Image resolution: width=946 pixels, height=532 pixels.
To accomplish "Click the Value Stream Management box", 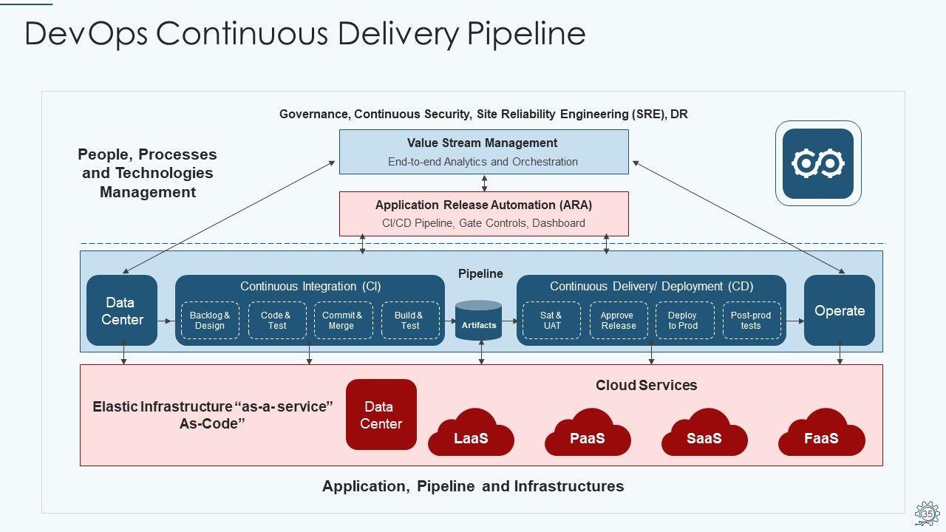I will click(483, 151).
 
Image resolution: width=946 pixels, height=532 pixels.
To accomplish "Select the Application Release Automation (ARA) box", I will click(483, 214).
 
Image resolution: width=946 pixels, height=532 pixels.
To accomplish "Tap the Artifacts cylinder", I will click(479, 321).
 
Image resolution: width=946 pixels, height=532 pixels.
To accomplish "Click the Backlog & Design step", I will click(210, 321).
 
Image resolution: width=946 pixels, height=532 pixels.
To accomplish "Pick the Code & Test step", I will click(277, 321).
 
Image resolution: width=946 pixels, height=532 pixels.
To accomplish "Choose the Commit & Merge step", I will click(343, 321).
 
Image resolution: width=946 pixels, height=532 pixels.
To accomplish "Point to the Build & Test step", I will click(410, 321).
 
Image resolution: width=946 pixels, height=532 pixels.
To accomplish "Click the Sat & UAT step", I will click(551, 321).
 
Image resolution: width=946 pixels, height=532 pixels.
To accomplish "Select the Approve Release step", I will click(618, 321).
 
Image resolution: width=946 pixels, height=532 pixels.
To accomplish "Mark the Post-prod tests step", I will click(751, 321).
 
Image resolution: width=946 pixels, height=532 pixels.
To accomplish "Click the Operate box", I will click(839, 310).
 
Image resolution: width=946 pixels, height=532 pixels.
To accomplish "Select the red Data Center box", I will click(381, 415).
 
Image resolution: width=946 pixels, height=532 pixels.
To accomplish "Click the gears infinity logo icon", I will click(817, 163).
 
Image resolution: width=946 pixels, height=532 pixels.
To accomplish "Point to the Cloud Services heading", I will click(646, 385).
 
